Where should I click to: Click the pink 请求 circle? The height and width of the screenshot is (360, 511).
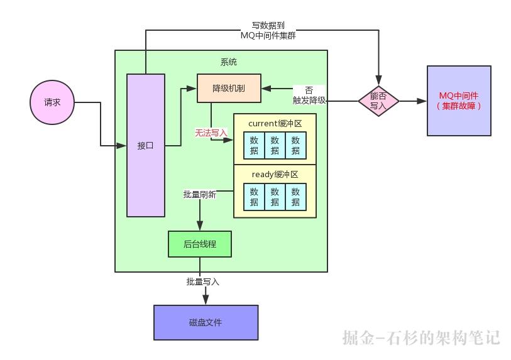pyautogui.click(x=52, y=102)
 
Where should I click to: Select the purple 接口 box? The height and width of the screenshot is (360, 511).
pyautogui.click(x=146, y=145)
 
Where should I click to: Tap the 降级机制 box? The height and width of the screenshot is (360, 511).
pyautogui.click(x=229, y=89)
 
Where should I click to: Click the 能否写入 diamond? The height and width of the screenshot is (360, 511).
pyautogui.click(x=378, y=101)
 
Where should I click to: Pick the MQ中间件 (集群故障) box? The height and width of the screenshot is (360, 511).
pyautogui.click(x=459, y=101)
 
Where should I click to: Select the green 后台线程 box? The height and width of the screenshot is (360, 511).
pyautogui.click(x=200, y=244)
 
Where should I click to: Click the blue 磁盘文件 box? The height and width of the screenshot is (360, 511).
pyautogui.click(x=206, y=322)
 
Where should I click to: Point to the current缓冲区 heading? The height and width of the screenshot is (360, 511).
pyautogui.click(x=275, y=123)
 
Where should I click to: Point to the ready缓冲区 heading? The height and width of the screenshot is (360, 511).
pyautogui.click(x=275, y=174)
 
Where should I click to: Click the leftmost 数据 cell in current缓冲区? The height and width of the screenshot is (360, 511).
pyautogui.click(x=254, y=145)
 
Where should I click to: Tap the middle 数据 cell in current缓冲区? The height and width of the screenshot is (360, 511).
pyautogui.click(x=275, y=145)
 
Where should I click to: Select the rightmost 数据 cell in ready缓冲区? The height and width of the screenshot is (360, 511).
pyautogui.click(x=295, y=197)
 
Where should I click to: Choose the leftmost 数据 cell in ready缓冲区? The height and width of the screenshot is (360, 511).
pyautogui.click(x=254, y=197)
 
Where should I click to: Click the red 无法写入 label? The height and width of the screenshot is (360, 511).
pyautogui.click(x=211, y=133)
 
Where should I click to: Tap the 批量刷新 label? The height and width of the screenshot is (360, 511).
pyautogui.click(x=199, y=195)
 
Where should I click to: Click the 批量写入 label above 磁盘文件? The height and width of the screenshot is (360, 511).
pyautogui.click(x=203, y=281)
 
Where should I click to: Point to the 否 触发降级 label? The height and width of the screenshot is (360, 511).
pyautogui.click(x=309, y=95)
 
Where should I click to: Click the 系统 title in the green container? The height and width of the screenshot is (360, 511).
pyautogui.click(x=229, y=62)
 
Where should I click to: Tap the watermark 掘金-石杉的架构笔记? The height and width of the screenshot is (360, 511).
pyautogui.click(x=421, y=337)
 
